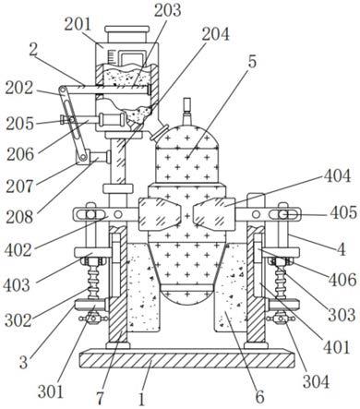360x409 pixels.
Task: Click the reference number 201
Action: (78, 24)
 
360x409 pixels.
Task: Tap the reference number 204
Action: (215, 34)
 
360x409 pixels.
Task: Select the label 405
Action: (343, 212)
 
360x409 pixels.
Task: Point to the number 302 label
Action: (18, 320)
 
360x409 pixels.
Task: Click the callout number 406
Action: (342, 280)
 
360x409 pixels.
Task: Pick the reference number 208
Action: (19, 217)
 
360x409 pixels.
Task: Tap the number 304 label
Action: (316, 382)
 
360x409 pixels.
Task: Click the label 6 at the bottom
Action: (260, 397)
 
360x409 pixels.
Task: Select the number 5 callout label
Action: (252, 62)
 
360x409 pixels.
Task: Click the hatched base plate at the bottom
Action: (186, 360)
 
